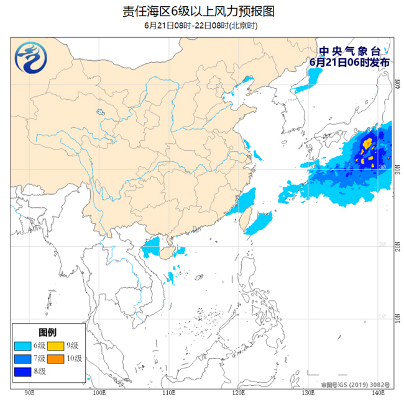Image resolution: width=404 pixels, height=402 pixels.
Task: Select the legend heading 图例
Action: pyautogui.click(x=47, y=332)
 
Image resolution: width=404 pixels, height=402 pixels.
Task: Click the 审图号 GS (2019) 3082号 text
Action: pyautogui.click(x=355, y=385)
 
